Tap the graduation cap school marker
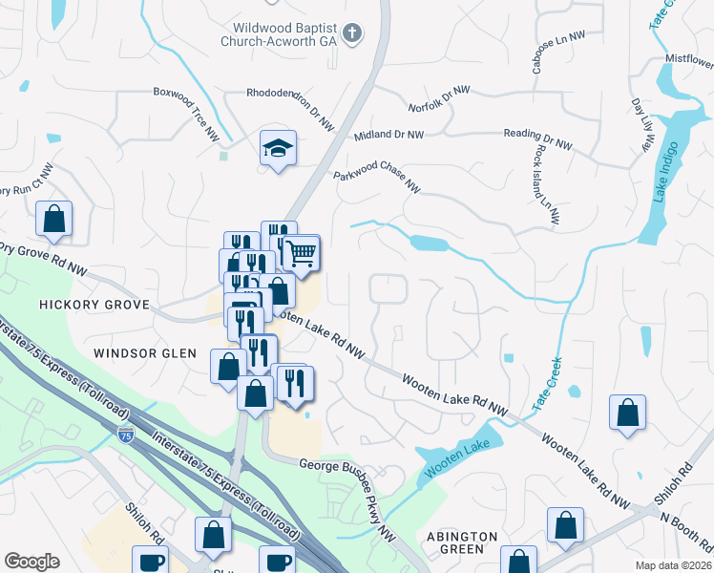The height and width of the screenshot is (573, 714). click(x=278, y=148)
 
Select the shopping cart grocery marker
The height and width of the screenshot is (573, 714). click(x=301, y=253)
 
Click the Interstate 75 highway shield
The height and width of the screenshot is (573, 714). click(x=126, y=435)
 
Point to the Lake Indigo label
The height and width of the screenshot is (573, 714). click(x=665, y=172)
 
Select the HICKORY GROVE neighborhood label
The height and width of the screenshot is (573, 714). click(x=94, y=304)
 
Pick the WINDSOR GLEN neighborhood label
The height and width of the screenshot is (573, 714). click(x=145, y=352)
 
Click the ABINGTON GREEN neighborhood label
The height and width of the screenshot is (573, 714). click(x=463, y=542)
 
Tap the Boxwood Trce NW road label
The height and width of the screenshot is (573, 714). click(x=187, y=116)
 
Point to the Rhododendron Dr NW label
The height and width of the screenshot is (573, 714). click(x=290, y=108)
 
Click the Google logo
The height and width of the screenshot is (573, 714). click(x=32, y=562)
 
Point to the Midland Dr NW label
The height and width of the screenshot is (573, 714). click(x=388, y=136)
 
